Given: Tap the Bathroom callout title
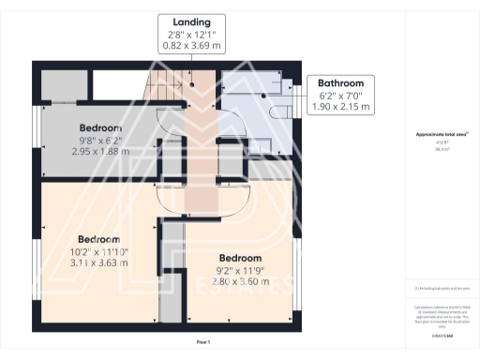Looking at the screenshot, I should [x=340, y=83].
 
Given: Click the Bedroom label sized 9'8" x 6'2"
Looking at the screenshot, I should [x=100, y=127].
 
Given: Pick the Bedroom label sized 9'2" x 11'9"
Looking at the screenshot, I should [x=240, y=258].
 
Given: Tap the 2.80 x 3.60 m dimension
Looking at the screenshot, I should [x=240, y=281].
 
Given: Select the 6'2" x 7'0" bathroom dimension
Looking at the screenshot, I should [x=340, y=95].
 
